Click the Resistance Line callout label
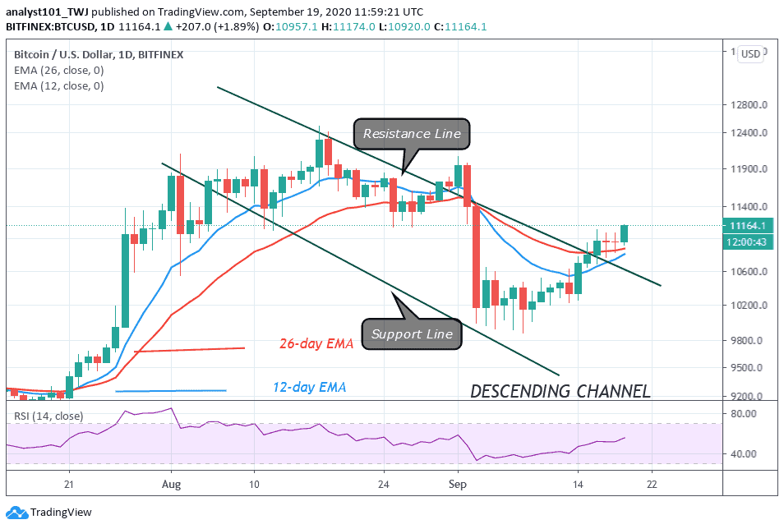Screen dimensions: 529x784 tap(413, 133)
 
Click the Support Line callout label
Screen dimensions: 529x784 tap(412, 333)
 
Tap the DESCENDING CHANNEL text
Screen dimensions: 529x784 tap(560, 391)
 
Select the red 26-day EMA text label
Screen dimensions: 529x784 tap(316, 344)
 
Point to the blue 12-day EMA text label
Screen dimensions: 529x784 tap(310, 387)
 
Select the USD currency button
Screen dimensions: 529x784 tap(750, 54)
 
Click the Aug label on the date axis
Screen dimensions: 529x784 tap(171, 485)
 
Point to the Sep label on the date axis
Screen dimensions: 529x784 tap(459, 485)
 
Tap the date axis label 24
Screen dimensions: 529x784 tap(383, 485)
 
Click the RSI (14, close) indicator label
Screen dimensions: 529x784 tap(48, 416)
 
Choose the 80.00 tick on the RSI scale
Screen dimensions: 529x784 tap(745, 414)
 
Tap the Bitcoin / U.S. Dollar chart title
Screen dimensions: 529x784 tap(99, 54)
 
